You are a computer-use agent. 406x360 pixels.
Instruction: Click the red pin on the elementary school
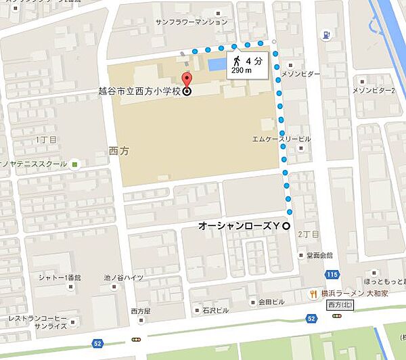click(x=187, y=78)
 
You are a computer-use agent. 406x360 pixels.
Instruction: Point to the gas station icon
click(x=328, y=35)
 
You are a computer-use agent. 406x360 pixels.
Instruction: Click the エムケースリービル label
click(x=281, y=139)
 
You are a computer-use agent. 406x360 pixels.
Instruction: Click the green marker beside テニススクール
click(x=74, y=163)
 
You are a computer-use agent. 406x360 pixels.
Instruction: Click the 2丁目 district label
click(x=311, y=233)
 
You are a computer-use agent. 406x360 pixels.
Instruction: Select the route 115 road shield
click(x=332, y=274)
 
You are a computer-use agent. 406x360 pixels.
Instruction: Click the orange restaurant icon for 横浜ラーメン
click(x=313, y=293)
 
